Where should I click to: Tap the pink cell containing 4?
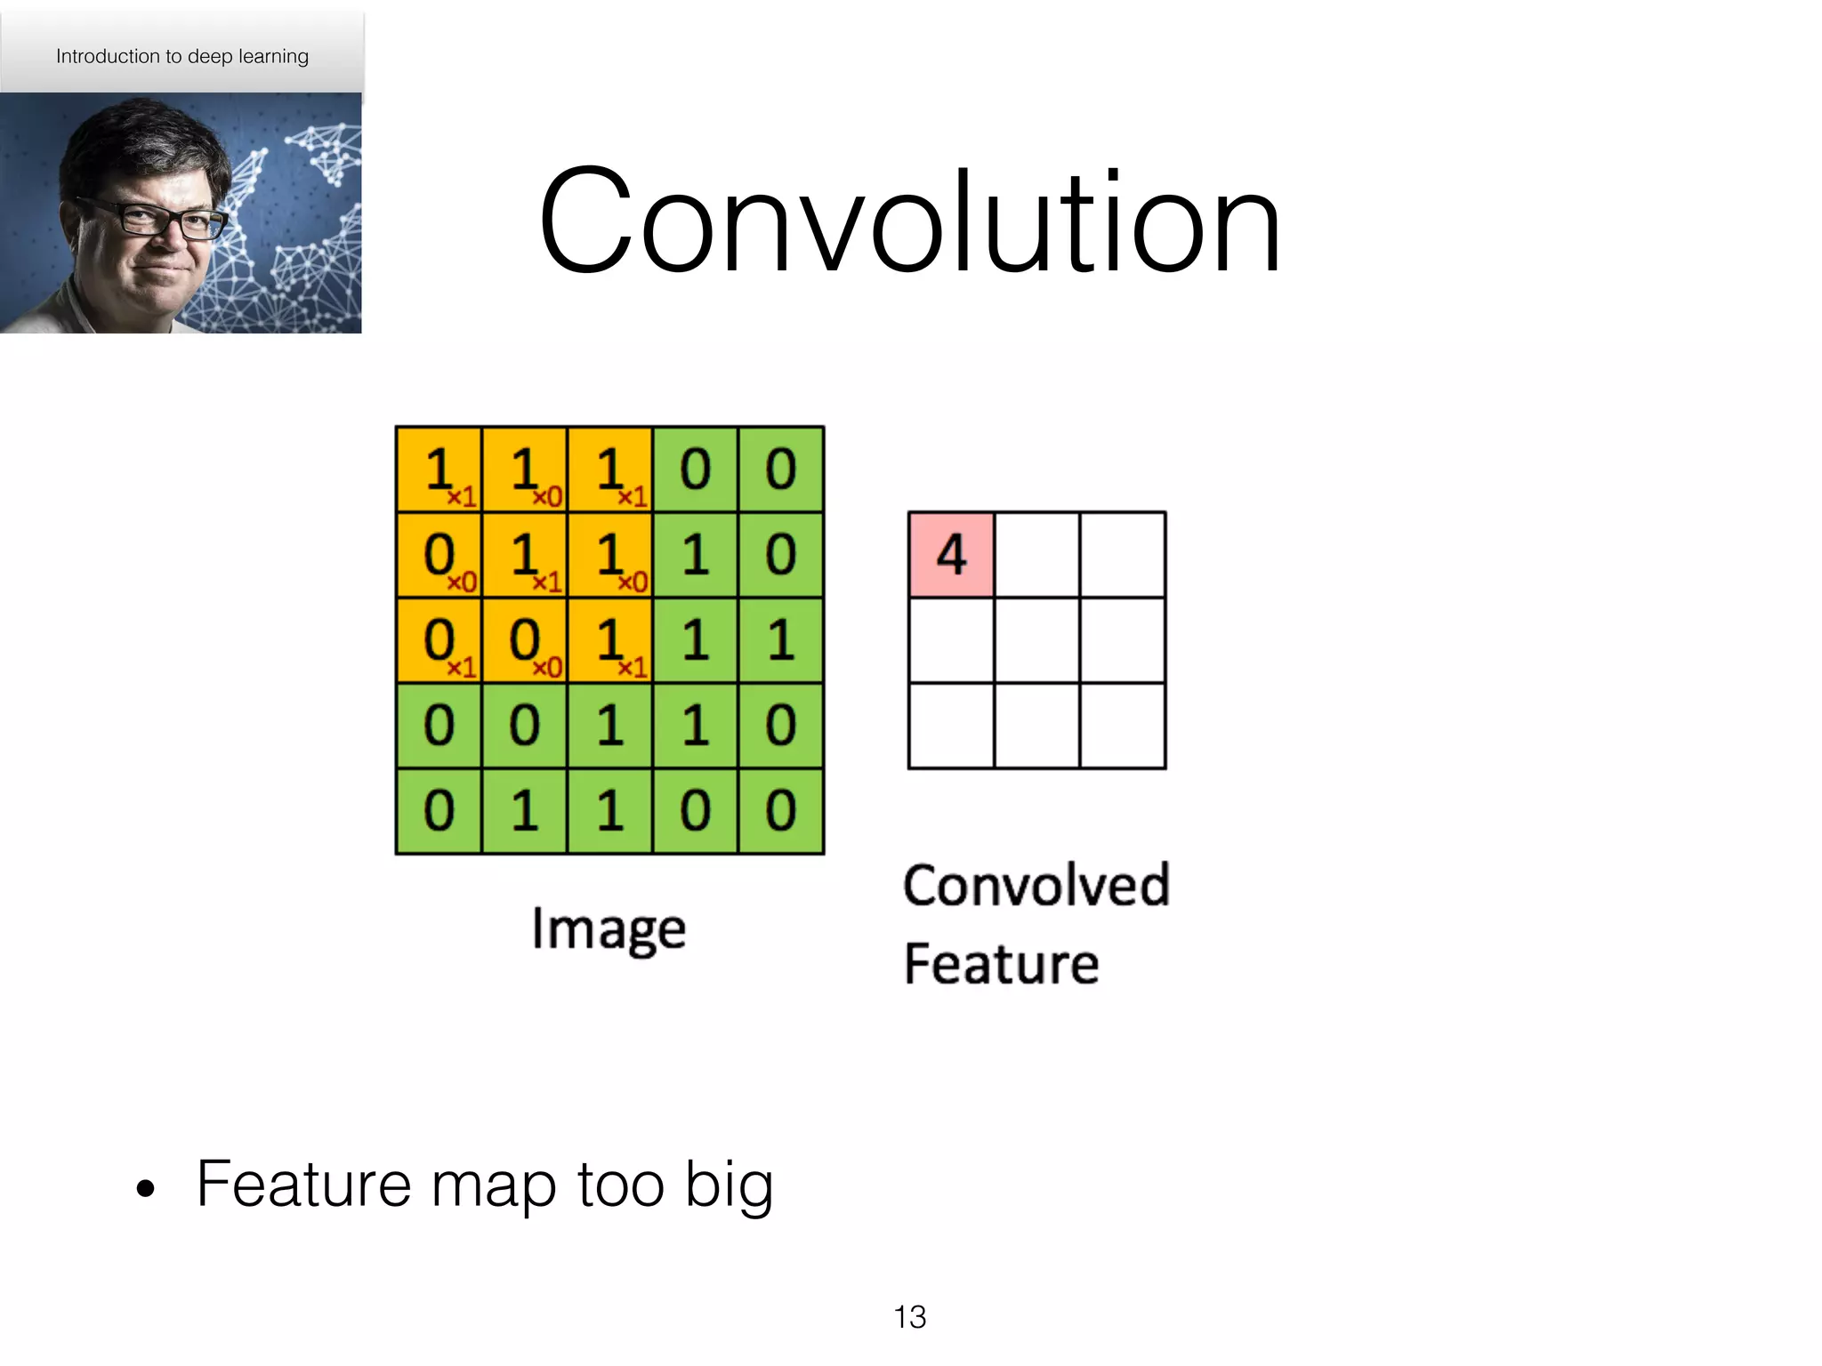[x=951, y=554]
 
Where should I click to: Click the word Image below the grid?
[x=609, y=928]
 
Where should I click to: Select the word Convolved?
[x=1036, y=886]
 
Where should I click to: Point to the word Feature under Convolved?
[x=1002, y=964]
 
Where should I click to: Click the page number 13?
[x=909, y=1317]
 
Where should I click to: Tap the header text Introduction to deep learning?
[x=182, y=56]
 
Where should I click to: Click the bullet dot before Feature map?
[x=146, y=1188]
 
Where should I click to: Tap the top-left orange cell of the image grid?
[x=439, y=470]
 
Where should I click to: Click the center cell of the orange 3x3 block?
[x=524, y=555]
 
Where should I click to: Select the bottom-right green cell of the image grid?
[x=780, y=811]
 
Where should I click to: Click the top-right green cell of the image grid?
[x=780, y=470]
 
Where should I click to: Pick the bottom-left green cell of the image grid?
[x=439, y=811]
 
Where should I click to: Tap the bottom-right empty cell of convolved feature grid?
[x=1122, y=725]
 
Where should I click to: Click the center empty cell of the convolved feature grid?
[x=1036, y=639]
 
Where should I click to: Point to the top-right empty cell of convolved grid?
[x=1122, y=554]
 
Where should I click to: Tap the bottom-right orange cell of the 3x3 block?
[x=609, y=640]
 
